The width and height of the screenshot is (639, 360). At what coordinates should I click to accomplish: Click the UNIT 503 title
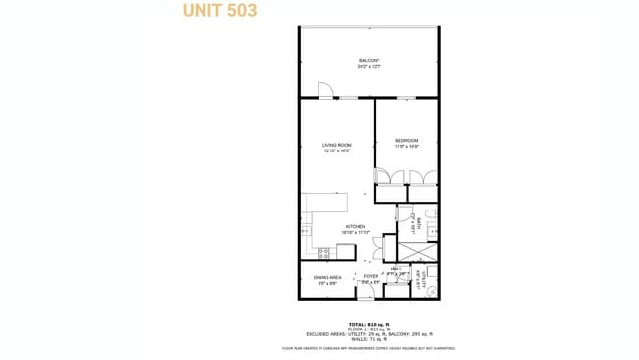[x=220, y=11]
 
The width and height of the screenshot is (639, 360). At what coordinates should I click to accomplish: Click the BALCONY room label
[x=369, y=63]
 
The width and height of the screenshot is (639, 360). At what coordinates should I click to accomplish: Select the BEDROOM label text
[x=407, y=142]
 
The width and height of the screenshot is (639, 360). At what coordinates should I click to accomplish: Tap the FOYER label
[x=371, y=278]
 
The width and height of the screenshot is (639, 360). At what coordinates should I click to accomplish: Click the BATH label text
[x=420, y=222]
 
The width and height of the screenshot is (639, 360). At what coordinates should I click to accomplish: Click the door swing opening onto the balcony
[x=325, y=90]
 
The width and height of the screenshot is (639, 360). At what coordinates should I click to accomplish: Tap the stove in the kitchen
[x=322, y=252]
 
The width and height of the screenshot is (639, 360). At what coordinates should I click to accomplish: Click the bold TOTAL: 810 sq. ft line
[x=369, y=324]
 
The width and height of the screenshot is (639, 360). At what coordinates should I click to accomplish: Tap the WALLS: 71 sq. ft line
[x=369, y=338]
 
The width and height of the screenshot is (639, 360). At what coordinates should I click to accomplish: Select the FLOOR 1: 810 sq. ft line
[x=369, y=329]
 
